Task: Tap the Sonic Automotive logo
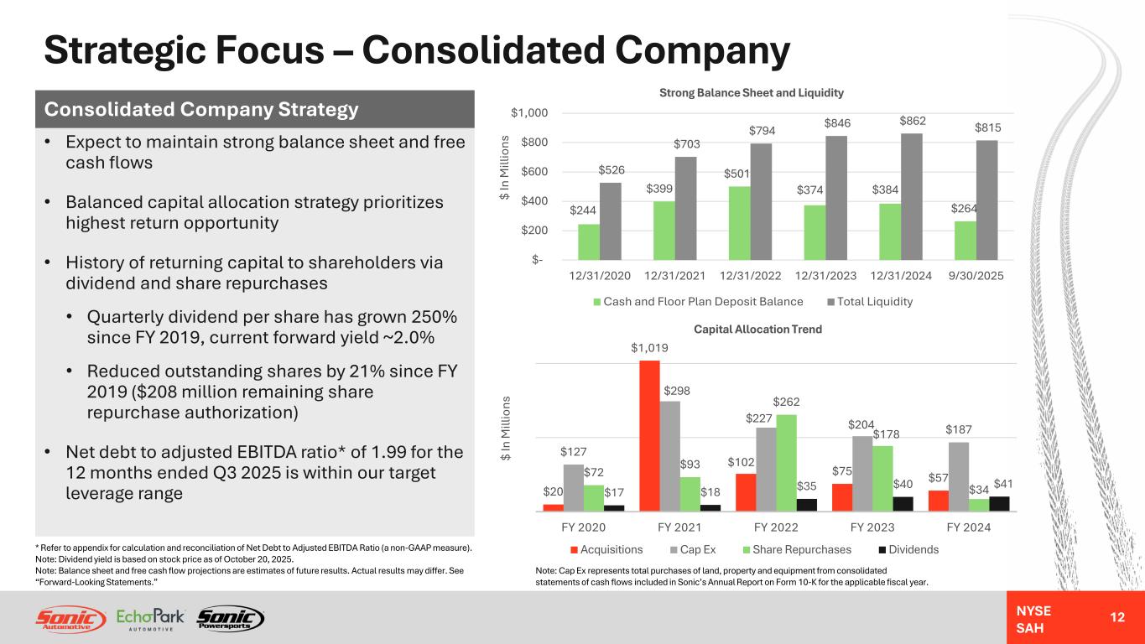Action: (71, 619)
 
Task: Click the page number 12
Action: (1116, 617)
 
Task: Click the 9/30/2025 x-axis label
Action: (976, 275)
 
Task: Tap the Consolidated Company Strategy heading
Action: (201, 110)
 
